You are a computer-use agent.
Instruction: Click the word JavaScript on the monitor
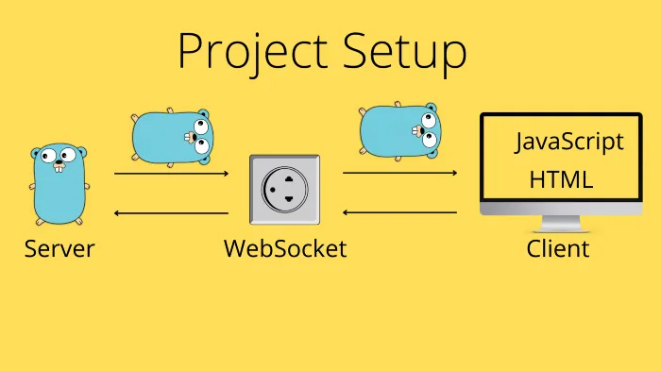point(569,142)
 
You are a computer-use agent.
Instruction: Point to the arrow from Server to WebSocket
point(171,174)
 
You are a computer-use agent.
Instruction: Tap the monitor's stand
point(561,225)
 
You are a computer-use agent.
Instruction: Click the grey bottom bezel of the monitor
point(561,208)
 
